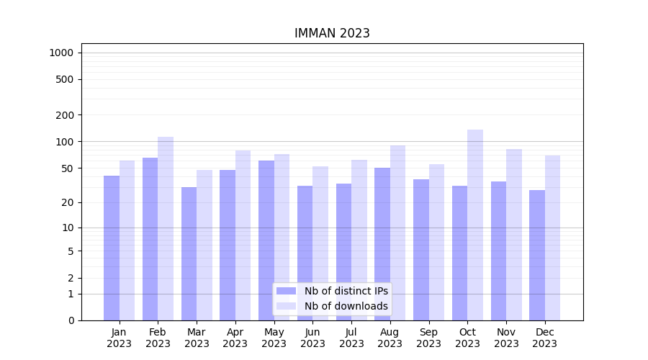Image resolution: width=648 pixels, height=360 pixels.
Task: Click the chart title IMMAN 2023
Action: [332, 33]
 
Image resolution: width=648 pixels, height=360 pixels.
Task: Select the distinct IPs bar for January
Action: [112, 248]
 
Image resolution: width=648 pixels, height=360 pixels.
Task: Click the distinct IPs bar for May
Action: [266, 240]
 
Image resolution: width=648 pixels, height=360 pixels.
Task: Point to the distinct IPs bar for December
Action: [537, 256]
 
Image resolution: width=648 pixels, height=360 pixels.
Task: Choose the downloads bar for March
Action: [204, 245]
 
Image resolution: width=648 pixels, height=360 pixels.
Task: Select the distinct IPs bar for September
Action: [421, 250]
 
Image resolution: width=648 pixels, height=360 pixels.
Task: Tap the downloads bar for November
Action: [514, 235]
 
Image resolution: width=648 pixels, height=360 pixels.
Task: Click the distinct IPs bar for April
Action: [228, 245]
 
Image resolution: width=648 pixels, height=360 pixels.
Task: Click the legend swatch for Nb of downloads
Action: [287, 306]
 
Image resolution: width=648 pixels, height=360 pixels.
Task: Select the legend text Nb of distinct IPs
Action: [346, 291]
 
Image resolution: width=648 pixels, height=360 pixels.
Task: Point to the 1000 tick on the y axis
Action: [61, 53]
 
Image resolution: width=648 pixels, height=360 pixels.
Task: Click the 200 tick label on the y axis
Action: [65, 115]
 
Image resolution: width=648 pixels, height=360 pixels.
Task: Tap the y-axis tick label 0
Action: [71, 320]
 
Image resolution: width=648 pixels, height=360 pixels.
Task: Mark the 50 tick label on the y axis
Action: [68, 168]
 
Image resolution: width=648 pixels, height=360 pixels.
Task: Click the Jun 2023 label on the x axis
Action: [312, 338]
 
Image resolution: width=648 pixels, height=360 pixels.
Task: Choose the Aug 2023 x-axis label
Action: [390, 338]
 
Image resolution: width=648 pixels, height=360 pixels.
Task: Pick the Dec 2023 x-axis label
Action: [545, 338]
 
